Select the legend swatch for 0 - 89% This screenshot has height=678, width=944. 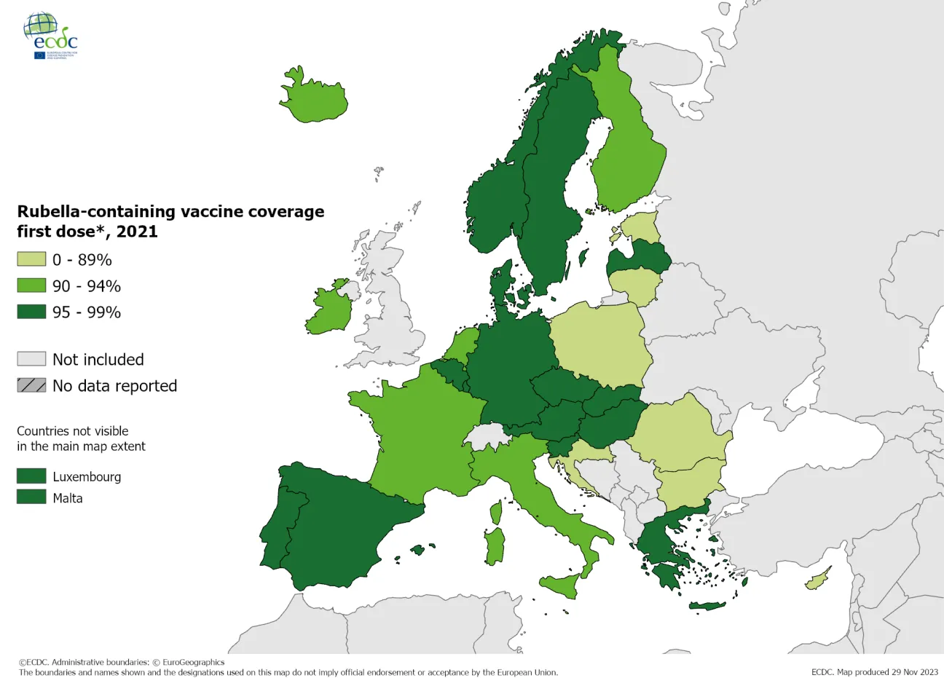click(31, 259)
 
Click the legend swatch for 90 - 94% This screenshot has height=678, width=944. click(31, 285)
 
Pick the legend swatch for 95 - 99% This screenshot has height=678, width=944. click(31, 312)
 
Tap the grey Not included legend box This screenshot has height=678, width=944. click(31, 359)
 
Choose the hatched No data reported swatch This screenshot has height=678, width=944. click(31, 385)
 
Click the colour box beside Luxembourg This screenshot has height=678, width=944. click(31, 476)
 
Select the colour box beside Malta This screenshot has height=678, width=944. click(31, 497)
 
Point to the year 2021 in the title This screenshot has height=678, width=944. click(137, 232)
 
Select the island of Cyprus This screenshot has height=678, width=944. click(818, 580)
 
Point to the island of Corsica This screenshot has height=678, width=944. click(496, 513)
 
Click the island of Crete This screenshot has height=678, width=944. click(707, 605)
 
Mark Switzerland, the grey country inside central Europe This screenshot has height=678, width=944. click(487, 438)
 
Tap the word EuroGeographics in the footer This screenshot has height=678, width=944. click(193, 663)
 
